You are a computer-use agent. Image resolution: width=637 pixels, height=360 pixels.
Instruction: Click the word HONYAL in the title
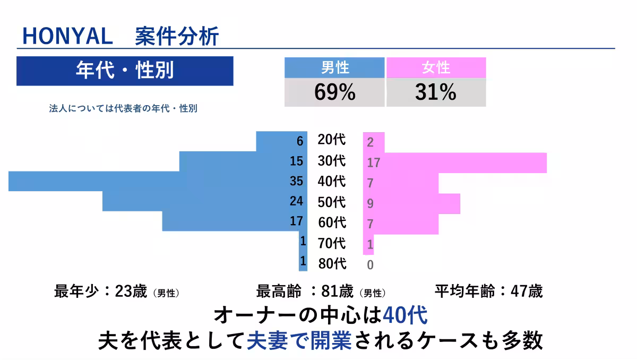[68, 36]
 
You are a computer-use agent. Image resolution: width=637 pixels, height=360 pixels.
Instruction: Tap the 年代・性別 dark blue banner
[125, 71]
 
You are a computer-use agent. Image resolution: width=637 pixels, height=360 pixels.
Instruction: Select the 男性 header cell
[334, 67]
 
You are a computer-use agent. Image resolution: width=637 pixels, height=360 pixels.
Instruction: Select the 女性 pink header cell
[436, 67]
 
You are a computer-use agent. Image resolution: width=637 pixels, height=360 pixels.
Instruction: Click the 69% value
[335, 92]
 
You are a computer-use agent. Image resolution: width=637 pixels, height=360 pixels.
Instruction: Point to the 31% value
[436, 92]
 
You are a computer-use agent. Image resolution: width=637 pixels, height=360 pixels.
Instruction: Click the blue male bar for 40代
[158, 181]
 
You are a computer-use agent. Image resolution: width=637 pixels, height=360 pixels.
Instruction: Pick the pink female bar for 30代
[455, 162]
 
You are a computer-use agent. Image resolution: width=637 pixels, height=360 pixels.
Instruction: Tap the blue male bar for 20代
[281, 141]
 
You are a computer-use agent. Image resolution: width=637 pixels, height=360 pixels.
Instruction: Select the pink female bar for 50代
[411, 203]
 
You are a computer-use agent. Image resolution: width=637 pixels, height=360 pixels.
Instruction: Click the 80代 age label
[332, 263]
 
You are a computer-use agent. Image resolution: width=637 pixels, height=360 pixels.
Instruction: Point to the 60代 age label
[332, 222]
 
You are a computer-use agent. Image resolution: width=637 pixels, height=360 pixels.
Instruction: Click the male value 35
[296, 181]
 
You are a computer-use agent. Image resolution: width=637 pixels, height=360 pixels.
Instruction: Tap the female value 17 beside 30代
[374, 163]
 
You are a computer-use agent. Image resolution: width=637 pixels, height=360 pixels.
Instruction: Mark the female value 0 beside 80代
[370, 265]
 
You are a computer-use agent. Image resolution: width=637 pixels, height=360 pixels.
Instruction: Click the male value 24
[296, 201]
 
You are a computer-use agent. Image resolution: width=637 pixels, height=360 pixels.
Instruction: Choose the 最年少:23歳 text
[101, 292]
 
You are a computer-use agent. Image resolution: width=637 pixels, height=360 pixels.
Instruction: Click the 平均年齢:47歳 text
[488, 292]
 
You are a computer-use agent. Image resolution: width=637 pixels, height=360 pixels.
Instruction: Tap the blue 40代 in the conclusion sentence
[405, 315]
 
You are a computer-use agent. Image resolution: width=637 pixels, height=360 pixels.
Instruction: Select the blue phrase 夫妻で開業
[299, 341]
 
